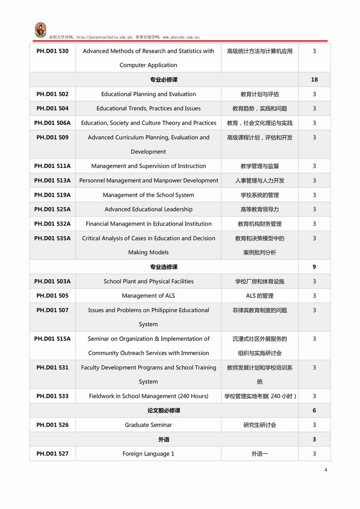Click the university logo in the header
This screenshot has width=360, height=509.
click(x=40, y=30)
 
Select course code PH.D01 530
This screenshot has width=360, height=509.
click(x=52, y=51)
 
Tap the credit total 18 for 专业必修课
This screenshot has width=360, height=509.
click(x=314, y=80)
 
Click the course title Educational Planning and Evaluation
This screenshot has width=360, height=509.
click(x=148, y=94)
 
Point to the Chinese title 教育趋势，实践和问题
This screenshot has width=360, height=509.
click(x=260, y=108)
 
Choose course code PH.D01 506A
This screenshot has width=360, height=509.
click(x=52, y=123)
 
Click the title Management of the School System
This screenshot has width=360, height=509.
click(x=148, y=195)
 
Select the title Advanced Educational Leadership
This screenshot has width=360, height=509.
click(x=148, y=209)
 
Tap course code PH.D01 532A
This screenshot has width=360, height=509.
click(x=52, y=224)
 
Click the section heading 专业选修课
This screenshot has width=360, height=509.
click(x=164, y=267)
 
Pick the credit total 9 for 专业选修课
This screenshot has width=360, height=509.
click(x=314, y=267)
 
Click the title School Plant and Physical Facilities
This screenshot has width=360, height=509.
click(x=148, y=281)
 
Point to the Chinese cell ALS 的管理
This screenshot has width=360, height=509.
click(x=260, y=295)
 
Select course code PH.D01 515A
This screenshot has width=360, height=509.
click(x=52, y=339)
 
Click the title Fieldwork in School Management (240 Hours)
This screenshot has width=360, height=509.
click(x=148, y=396)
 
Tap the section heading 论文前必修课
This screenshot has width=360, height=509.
click(x=164, y=410)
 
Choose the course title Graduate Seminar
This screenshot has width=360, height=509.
click(x=148, y=425)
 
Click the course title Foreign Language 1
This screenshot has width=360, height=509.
click(x=148, y=453)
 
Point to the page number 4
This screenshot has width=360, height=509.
click(x=326, y=470)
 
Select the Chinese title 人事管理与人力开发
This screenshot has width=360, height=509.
click(x=260, y=180)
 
